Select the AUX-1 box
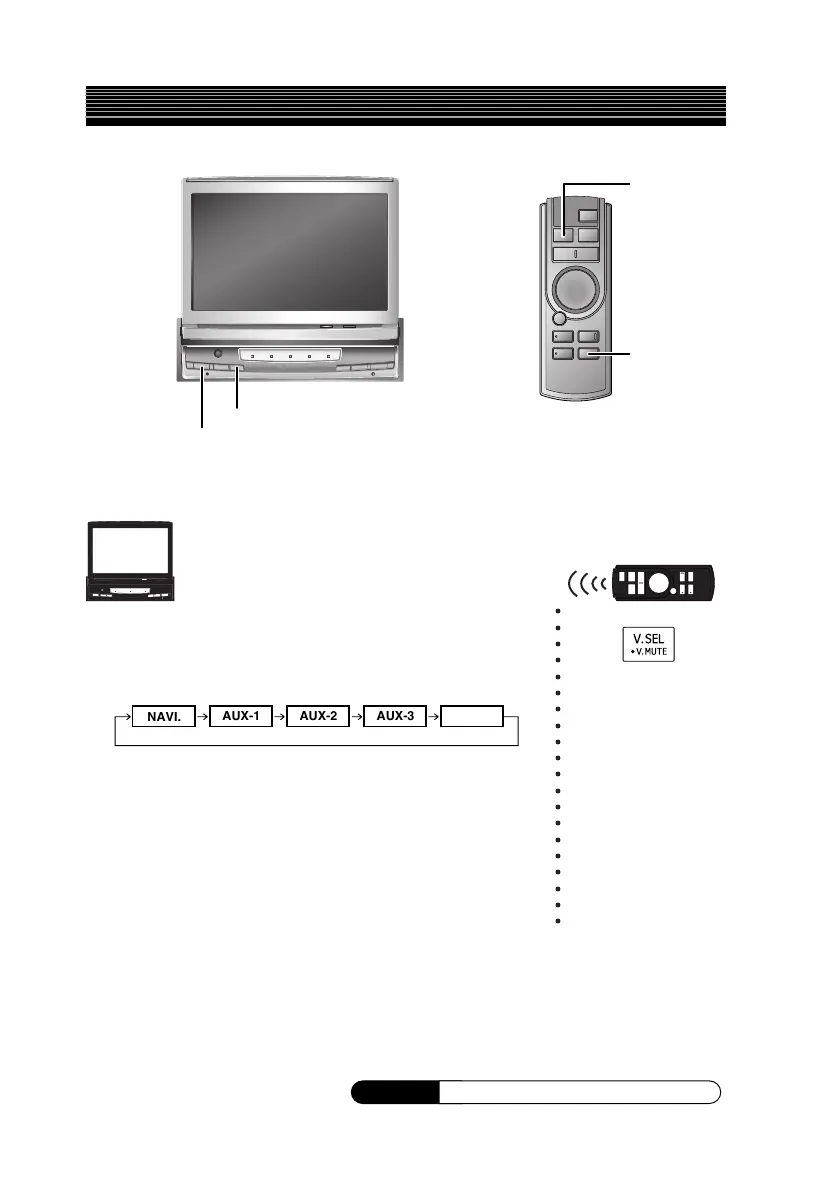point(242,718)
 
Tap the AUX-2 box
point(319,718)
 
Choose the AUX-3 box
point(396,718)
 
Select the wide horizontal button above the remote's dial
point(575,253)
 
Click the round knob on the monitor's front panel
point(218,354)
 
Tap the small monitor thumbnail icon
point(128,562)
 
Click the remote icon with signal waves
point(663,583)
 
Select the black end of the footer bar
point(395,1092)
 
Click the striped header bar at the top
point(405,106)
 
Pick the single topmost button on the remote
point(589,215)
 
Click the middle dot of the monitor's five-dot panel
point(291,356)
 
